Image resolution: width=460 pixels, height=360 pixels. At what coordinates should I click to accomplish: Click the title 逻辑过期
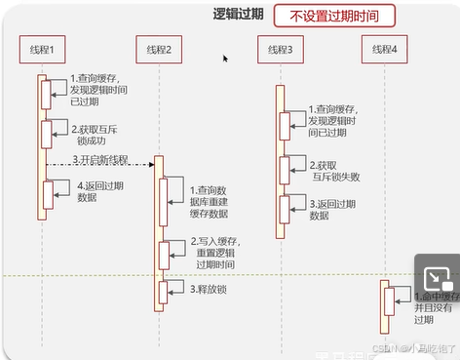239,16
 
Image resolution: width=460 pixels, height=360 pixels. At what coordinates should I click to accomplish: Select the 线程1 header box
42,49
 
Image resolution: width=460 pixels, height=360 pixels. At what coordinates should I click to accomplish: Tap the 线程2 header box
158,49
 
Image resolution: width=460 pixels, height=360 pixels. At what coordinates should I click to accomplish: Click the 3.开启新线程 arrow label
99,160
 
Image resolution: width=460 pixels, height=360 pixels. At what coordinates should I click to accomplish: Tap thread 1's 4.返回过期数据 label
96,190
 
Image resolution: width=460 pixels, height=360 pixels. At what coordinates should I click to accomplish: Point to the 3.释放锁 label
209,289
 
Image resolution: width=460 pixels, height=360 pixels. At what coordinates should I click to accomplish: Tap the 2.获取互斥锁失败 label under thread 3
335,172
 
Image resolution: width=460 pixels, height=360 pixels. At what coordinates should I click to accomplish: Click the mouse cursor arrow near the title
226,59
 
